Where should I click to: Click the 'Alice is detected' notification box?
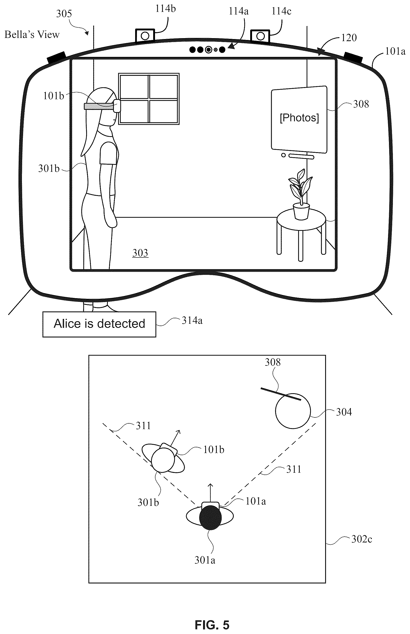click(x=99, y=324)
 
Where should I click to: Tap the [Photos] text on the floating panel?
click(x=299, y=118)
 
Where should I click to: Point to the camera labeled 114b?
click(x=145, y=35)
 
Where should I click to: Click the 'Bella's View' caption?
click(x=32, y=35)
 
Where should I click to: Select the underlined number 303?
click(x=140, y=253)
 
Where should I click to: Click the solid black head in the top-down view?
click(x=210, y=517)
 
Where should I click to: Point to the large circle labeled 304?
click(x=293, y=411)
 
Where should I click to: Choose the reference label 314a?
click(x=192, y=321)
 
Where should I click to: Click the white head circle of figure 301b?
click(x=163, y=460)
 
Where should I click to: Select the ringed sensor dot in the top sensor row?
click(x=208, y=50)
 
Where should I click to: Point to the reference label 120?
click(x=349, y=38)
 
